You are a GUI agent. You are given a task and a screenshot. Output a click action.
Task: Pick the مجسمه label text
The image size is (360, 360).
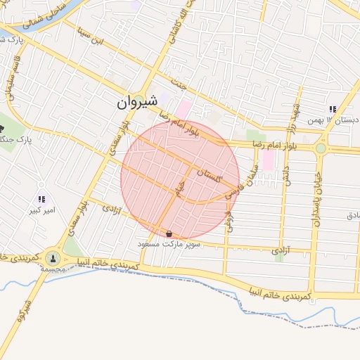point(53,269)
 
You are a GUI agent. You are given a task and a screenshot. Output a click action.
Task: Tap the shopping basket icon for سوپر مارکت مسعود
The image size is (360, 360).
point(169,233)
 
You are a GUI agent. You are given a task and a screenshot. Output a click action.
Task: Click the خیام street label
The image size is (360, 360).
point(179,189)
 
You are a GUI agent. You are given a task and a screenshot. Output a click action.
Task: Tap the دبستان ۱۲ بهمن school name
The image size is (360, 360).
point(333,120)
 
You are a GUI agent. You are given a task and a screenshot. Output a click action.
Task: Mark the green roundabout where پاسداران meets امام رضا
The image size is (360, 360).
point(321,148)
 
